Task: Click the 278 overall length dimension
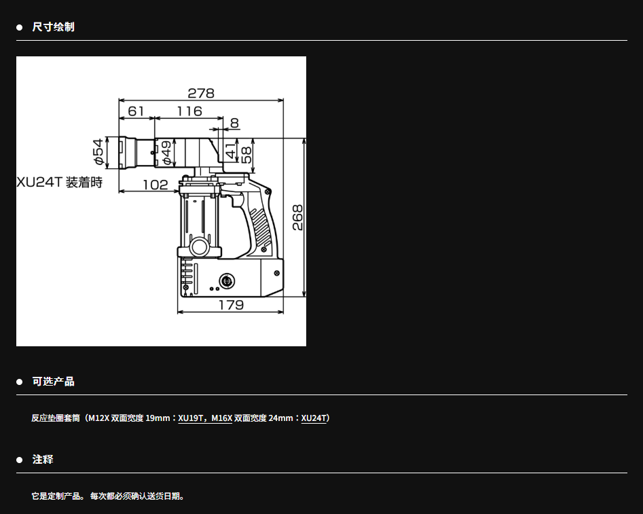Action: tap(201, 94)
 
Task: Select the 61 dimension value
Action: tap(136, 111)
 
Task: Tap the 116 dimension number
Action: tap(189, 111)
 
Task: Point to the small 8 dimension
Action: tap(234, 123)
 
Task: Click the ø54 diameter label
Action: tap(98, 152)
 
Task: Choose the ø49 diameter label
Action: tap(166, 153)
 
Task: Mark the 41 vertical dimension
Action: tap(232, 151)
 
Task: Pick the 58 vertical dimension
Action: tap(246, 155)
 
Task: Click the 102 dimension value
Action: tap(155, 185)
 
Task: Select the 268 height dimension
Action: tap(297, 217)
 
